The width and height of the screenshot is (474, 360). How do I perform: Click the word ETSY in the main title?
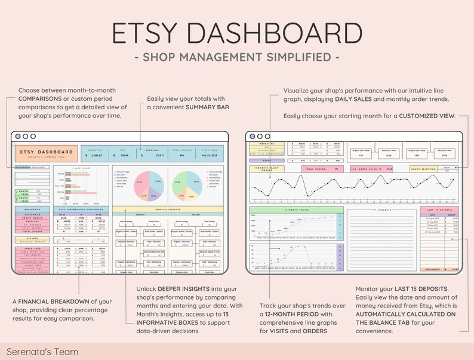[x=156, y=33]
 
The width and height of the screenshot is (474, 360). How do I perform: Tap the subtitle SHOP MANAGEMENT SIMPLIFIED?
[x=237, y=57]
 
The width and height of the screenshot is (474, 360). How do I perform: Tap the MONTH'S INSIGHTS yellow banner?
[x=168, y=210]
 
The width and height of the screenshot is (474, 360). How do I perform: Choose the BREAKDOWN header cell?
[x=32, y=210]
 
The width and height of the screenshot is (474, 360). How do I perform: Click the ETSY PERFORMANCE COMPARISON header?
[x=81, y=210]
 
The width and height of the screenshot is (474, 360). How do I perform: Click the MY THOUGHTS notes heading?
[x=381, y=210]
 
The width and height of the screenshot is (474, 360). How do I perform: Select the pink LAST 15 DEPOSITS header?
[x=439, y=210]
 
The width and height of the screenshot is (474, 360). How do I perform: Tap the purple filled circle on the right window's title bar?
[x=253, y=136]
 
